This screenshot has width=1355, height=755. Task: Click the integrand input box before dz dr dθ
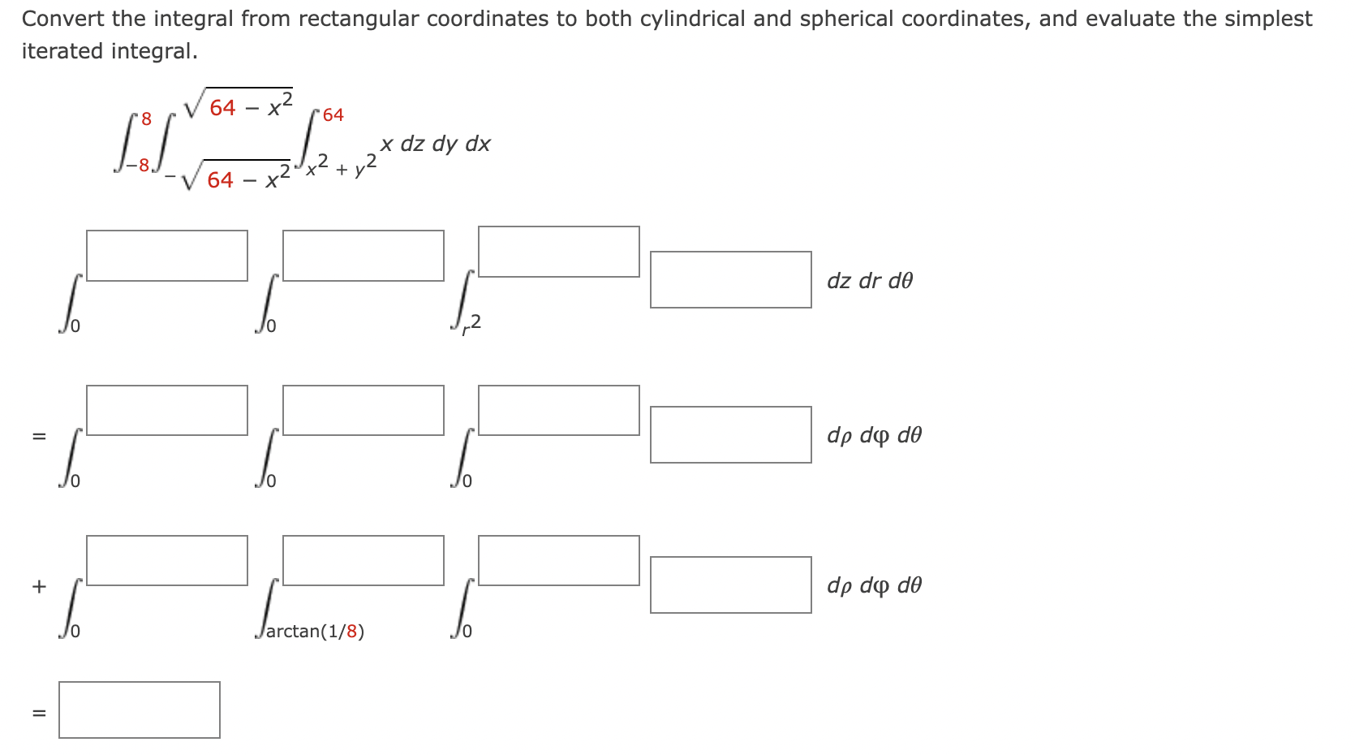coord(730,279)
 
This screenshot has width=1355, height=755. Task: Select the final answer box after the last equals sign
coord(139,710)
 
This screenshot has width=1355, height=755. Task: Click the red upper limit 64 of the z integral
coord(333,115)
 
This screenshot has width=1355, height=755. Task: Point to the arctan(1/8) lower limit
coord(315,632)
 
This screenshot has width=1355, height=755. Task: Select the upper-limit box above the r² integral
coord(558,252)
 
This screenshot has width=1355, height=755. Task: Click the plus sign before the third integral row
coord(39,585)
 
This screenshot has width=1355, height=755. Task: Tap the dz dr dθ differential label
coord(869,281)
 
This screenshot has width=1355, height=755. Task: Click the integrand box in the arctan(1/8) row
coord(730,585)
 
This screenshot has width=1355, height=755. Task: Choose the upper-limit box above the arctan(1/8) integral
coord(363,560)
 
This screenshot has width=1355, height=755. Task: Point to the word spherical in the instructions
coord(845,19)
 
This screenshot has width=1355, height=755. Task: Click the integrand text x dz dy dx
coord(436,144)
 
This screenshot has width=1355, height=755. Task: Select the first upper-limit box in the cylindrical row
coord(166,256)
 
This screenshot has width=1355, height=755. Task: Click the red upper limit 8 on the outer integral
coord(146,119)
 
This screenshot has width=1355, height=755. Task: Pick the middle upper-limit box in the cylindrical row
coord(363,256)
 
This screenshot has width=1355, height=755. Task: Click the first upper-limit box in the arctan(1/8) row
coord(166,560)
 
